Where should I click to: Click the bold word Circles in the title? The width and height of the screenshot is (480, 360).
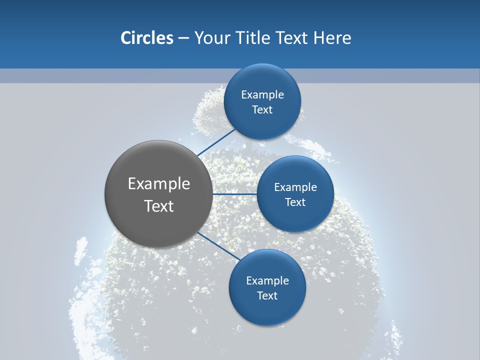tap(146, 38)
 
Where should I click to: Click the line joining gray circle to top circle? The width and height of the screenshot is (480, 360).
tap(216, 141)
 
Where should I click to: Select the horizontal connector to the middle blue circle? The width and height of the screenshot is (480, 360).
tap(234, 193)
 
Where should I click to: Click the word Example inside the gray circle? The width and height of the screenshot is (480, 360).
tap(159, 184)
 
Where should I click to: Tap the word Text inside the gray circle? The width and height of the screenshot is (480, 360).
tap(159, 206)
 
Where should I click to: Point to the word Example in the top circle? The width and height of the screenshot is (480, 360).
tap(262, 95)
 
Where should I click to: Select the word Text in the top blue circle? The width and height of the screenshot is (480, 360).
tap(262, 110)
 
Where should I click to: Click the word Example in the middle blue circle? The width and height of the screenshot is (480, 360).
tap(295, 187)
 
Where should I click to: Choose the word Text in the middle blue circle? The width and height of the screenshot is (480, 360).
tap(295, 202)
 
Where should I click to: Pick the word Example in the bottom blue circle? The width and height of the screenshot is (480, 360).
tap(267, 281)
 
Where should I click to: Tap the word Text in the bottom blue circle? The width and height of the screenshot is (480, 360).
tap(267, 296)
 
